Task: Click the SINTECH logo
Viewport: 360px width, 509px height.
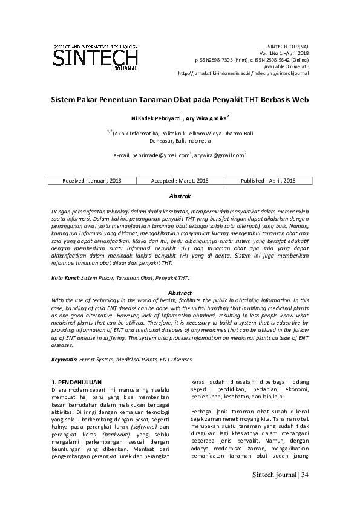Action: [x=96, y=58]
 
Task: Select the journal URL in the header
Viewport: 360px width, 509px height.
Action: [x=244, y=73]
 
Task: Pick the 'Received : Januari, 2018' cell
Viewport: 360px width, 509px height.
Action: [x=92, y=181]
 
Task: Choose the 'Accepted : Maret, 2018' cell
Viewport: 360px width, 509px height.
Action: [x=180, y=181]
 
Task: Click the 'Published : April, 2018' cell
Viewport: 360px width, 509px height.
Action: [x=268, y=181]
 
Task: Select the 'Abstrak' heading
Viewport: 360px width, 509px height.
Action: [x=180, y=197]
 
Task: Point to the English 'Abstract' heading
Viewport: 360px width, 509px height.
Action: [x=180, y=293]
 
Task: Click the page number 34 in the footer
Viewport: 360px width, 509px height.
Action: [x=304, y=475]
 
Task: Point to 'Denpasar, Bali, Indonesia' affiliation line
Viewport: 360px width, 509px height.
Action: [x=180, y=140]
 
